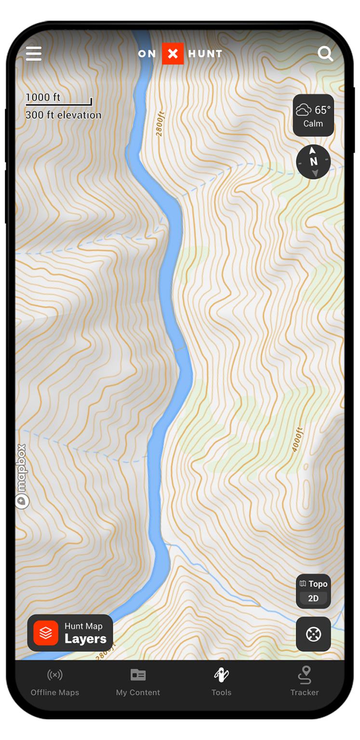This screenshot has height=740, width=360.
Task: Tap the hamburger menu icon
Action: tap(34, 53)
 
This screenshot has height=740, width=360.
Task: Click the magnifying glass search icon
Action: tap(325, 54)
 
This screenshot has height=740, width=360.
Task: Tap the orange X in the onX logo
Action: tap(173, 54)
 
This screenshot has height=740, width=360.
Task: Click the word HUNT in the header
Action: tap(205, 54)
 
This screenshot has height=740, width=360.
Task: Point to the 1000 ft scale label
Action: tap(43, 97)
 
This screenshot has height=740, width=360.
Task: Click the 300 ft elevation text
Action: tap(64, 115)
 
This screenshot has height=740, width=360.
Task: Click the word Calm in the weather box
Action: tap(313, 124)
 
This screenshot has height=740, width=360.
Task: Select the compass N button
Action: tap(313, 162)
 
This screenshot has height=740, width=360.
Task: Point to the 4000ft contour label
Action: tap(297, 439)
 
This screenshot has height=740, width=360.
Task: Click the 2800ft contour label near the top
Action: tap(160, 124)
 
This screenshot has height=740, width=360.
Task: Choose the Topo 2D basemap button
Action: tap(313, 591)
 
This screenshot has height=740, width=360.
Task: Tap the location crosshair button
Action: tap(313, 634)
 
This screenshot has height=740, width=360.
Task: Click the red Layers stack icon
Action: tap(46, 633)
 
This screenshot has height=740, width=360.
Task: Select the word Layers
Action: tap(85, 639)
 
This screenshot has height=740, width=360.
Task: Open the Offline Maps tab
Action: tap(55, 682)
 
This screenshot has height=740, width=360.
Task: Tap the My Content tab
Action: tap(138, 682)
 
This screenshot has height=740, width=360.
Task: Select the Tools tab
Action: tap(221, 682)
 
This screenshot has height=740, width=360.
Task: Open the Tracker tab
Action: tap(305, 682)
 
